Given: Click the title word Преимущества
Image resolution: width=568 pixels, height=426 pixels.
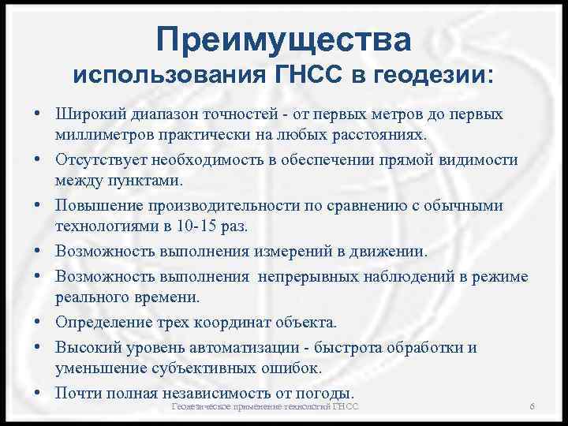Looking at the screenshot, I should [283, 39].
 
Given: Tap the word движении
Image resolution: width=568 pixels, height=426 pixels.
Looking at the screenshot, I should [387, 252].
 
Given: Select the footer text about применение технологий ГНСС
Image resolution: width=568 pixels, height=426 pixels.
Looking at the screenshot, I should [265, 405].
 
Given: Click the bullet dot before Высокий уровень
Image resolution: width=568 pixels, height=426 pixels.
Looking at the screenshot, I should [38, 348].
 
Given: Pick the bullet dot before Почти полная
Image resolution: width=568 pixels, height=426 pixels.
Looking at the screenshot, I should [38, 392].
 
